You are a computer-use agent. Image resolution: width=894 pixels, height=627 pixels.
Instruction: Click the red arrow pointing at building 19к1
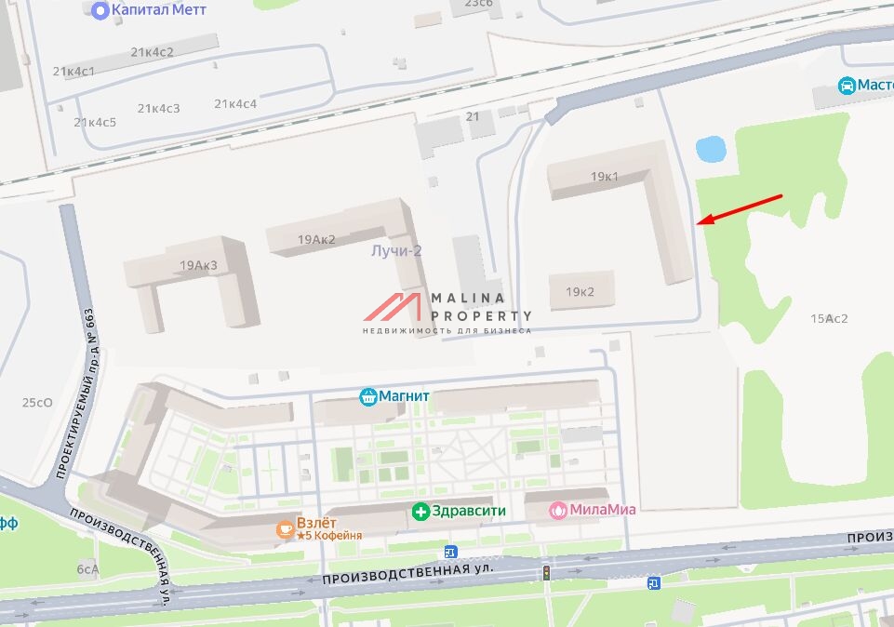click(741, 209)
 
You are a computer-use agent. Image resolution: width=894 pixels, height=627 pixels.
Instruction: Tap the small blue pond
click(711, 148)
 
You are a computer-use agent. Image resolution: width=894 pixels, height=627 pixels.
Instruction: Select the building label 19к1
click(604, 177)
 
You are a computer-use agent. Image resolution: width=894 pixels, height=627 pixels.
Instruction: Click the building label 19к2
click(580, 292)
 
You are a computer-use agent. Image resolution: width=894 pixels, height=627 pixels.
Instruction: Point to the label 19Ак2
click(316, 239)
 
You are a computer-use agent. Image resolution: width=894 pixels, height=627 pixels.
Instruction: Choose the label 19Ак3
click(198, 266)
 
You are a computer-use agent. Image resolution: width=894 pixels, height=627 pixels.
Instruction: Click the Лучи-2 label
click(396, 251)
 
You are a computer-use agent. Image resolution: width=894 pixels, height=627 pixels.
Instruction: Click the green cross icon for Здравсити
click(420, 511)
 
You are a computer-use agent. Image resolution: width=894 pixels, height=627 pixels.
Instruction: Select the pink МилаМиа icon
click(557, 510)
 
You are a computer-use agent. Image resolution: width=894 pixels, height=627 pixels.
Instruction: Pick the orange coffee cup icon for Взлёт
click(285, 529)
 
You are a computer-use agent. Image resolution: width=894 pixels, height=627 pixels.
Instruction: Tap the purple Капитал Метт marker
click(100, 10)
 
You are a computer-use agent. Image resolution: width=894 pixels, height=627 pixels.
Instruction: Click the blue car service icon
click(847, 86)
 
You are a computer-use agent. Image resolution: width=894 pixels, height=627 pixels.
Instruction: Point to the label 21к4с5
click(95, 123)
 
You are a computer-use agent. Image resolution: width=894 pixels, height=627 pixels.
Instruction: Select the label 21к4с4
click(235, 103)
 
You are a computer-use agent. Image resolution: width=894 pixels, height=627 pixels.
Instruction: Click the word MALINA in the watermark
click(468, 299)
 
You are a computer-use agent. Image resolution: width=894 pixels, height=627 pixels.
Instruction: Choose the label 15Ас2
click(829, 318)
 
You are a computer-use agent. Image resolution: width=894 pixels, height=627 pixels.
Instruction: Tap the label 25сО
click(37, 403)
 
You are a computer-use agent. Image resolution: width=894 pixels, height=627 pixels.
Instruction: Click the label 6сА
click(87, 569)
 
